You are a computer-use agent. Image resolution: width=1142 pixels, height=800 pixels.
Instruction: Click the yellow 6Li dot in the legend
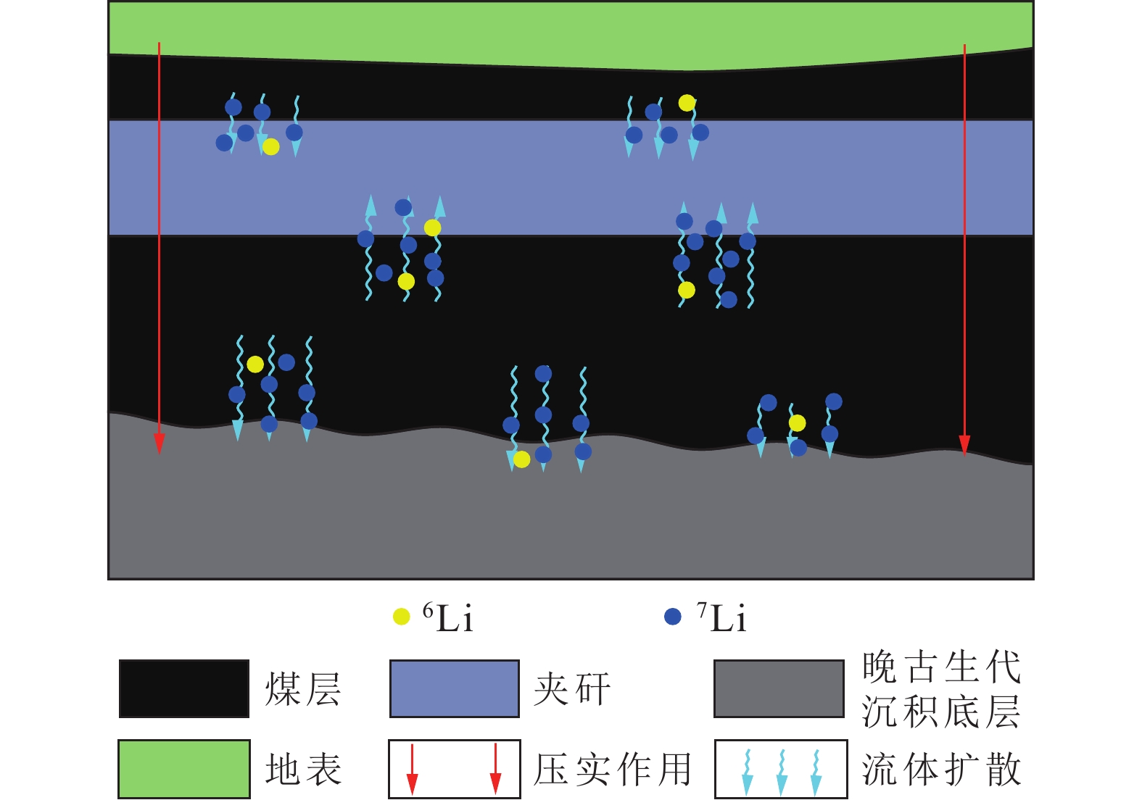click(x=401, y=617)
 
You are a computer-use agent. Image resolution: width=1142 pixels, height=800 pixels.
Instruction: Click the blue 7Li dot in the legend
click(x=673, y=617)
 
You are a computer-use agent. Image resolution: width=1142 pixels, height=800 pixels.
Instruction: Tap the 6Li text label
click(x=448, y=618)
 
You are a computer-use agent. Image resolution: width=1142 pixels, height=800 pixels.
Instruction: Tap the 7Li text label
click(x=721, y=618)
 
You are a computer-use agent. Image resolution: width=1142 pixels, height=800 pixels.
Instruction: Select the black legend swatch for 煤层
click(x=184, y=688)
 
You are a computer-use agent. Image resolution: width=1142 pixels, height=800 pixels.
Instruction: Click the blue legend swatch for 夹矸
click(x=455, y=688)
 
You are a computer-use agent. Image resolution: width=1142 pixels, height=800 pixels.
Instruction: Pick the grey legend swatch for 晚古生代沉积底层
click(x=779, y=688)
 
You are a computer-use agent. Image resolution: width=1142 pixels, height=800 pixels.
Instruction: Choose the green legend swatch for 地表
click(x=184, y=769)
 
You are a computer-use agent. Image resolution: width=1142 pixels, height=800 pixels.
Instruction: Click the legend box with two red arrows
click(x=455, y=769)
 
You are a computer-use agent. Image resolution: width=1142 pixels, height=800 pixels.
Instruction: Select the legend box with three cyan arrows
click(x=781, y=769)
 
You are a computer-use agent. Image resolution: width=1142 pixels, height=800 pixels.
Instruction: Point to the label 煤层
click(x=303, y=689)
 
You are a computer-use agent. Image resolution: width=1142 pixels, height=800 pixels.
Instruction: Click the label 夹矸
click(x=573, y=689)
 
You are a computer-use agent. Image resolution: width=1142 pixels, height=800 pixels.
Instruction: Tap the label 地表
click(x=303, y=770)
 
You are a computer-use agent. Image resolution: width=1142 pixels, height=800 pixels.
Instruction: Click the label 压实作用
click(x=613, y=770)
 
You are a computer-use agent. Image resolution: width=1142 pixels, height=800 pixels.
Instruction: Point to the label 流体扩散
click(x=941, y=770)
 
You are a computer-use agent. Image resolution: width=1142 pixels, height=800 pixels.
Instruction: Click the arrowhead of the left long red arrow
click(x=160, y=443)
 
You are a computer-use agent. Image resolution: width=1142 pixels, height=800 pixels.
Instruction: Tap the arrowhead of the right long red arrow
click(x=964, y=444)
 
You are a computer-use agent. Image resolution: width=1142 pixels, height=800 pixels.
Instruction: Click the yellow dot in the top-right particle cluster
click(x=687, y=103)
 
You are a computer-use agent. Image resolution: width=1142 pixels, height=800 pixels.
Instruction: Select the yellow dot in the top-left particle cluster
click(x=271, y=147)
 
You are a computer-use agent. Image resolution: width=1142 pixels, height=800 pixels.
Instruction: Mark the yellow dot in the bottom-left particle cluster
click(x=255, y=364)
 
